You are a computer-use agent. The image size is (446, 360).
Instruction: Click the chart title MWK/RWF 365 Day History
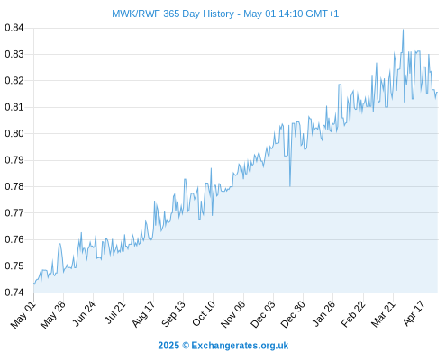(173, 13)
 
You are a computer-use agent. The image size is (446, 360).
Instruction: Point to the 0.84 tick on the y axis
(14, 28)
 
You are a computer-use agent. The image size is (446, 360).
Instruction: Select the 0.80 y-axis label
(14, 133)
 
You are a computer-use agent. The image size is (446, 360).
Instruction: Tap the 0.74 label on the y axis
(14, 292)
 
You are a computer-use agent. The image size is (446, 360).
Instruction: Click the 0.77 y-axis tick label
(14, 213)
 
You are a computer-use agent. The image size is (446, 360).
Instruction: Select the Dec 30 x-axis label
(293, 314)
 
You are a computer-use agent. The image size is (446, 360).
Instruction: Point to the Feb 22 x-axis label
(353, 314)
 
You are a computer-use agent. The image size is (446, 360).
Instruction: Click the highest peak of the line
(403, 30)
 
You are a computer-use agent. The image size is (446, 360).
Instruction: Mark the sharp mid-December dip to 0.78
(290, 186)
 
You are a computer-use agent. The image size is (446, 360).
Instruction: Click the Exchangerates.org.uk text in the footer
(240, 346)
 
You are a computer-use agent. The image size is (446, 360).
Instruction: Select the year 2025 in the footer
(168, 346)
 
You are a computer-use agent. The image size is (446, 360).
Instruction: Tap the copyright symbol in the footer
(186, 346)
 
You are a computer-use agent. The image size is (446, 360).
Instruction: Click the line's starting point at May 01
(34, 283)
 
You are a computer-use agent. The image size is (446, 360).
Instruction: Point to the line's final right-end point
(437, 93)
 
